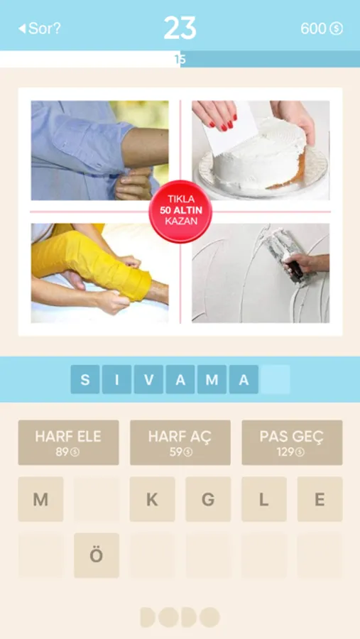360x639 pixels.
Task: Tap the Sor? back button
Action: click(39, 28)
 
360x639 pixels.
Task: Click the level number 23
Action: click(180, 28)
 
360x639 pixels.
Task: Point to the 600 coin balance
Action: click(322, 28)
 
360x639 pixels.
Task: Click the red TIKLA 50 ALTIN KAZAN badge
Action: click(180, 212)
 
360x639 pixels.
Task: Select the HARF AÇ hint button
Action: click(180, 442)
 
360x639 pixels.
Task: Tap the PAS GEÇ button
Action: click(292, 442)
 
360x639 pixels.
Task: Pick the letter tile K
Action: click(152, 499)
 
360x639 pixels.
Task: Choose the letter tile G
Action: click(208, 499)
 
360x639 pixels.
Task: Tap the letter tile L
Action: click(263, 499)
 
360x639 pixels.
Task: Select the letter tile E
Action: click(320, 499)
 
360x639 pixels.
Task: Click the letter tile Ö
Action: click(97, 555)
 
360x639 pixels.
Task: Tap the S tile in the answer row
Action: click(84, 379)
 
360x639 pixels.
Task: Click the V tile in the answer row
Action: click(148, 379)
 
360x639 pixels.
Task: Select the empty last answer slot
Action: click(276, 379)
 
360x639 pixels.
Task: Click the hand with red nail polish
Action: click(215, 115)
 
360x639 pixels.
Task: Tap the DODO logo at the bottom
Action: click(180, 617)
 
